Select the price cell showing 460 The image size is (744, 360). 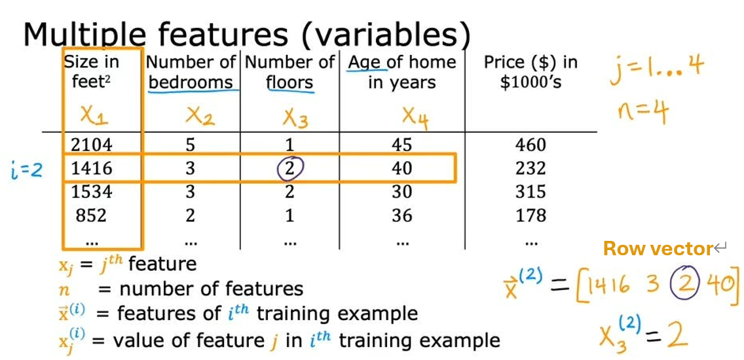530,145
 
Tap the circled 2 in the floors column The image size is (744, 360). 289,168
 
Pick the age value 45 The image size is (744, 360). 402,145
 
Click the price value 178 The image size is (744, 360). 530,215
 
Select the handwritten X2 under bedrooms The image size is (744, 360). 200,116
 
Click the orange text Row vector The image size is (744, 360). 657,249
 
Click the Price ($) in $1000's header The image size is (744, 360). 530,72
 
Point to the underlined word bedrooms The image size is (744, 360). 190,83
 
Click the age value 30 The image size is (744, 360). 402,192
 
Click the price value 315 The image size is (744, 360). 530,192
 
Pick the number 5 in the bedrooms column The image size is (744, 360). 190,145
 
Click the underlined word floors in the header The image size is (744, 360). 289,83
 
